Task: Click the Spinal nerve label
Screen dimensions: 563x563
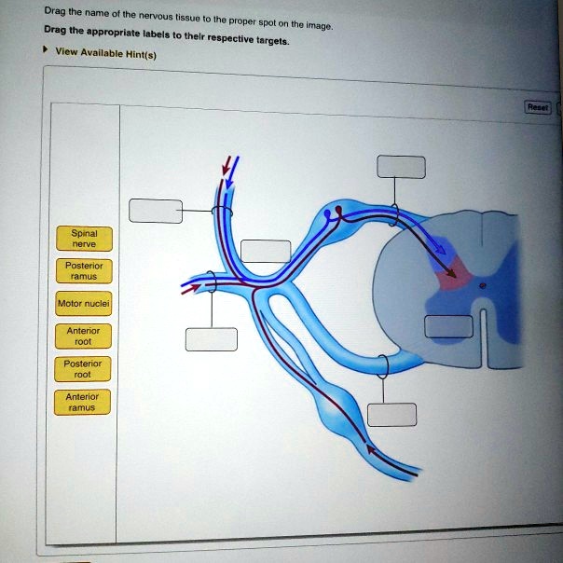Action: coord(85,239)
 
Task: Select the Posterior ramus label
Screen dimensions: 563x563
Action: coord(84,271)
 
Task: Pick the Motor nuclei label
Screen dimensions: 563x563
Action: coord(84,304)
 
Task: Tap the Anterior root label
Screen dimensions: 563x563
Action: coord(83,336)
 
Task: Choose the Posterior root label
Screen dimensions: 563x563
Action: coord(83,369)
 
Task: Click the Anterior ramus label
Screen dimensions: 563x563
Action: coord(82,402)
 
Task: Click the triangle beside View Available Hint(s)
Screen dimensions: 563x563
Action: coord(46,49)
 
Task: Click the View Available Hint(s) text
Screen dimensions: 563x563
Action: coord(106,53)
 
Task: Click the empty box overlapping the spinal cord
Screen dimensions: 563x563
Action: coord(448,326)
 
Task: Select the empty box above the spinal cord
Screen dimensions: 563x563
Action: coord(401,167)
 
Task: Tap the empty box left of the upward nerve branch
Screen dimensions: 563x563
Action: coord(156,211)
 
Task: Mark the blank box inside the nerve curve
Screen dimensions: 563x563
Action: coord(266,252)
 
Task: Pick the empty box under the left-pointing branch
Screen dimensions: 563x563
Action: coord(211,339)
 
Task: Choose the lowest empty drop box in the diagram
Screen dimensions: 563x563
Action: coord(391,415)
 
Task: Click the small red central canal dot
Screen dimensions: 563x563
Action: coord(483,286)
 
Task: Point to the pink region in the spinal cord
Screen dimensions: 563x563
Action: coord(454,275)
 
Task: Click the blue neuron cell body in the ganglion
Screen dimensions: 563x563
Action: coord(327,214)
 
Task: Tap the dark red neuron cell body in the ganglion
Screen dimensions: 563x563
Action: coord(338,210)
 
